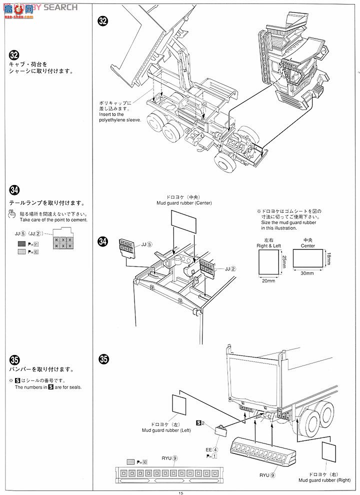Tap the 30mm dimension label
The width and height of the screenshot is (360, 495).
tap(307, 273)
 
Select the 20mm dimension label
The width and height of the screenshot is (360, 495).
tap(268, 281)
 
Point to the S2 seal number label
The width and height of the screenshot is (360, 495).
tap(200, 423)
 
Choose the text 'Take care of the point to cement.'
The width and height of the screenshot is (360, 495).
tap(53, 219)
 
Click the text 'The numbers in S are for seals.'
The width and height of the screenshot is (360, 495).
tap(48, 387)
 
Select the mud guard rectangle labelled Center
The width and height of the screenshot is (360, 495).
tap(307, 258)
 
